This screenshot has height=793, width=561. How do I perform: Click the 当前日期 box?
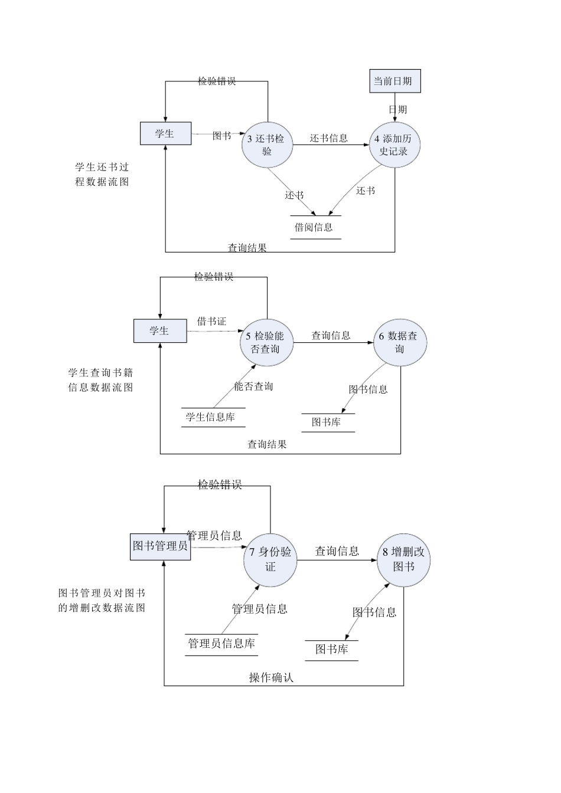(x=395, y=81)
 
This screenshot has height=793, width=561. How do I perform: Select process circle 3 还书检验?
(x=267, y=145)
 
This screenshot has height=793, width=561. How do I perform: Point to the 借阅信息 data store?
(x=315, y=227)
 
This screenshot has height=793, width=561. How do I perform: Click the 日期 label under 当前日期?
(x=397, y=109)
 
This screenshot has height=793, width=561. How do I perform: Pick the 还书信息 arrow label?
(x=329, y=138)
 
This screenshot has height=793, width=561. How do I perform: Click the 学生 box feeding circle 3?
(x=165, y=133)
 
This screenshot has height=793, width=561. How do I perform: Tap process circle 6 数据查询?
(x=399, y=342)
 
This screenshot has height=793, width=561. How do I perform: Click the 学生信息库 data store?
(x=212, y=417)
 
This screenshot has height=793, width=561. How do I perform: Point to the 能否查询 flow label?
(x=253, y=386)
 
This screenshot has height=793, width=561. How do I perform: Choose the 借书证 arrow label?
(x=211, y=322)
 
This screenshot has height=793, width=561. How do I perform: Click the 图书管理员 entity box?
(x=161, y=546)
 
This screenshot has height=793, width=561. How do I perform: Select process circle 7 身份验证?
(x=270, y=559)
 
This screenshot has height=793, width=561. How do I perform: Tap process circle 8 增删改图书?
(x=404, y=559)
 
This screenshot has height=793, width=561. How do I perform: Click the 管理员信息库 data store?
(x=221, y=644)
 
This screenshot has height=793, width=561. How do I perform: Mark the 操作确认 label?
(x=271, y=677)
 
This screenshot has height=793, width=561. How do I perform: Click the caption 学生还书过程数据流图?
(x=102, y=175)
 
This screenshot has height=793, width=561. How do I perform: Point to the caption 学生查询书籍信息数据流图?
(x=100, y=380)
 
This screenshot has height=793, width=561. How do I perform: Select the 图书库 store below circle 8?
(x=331, y=650)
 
